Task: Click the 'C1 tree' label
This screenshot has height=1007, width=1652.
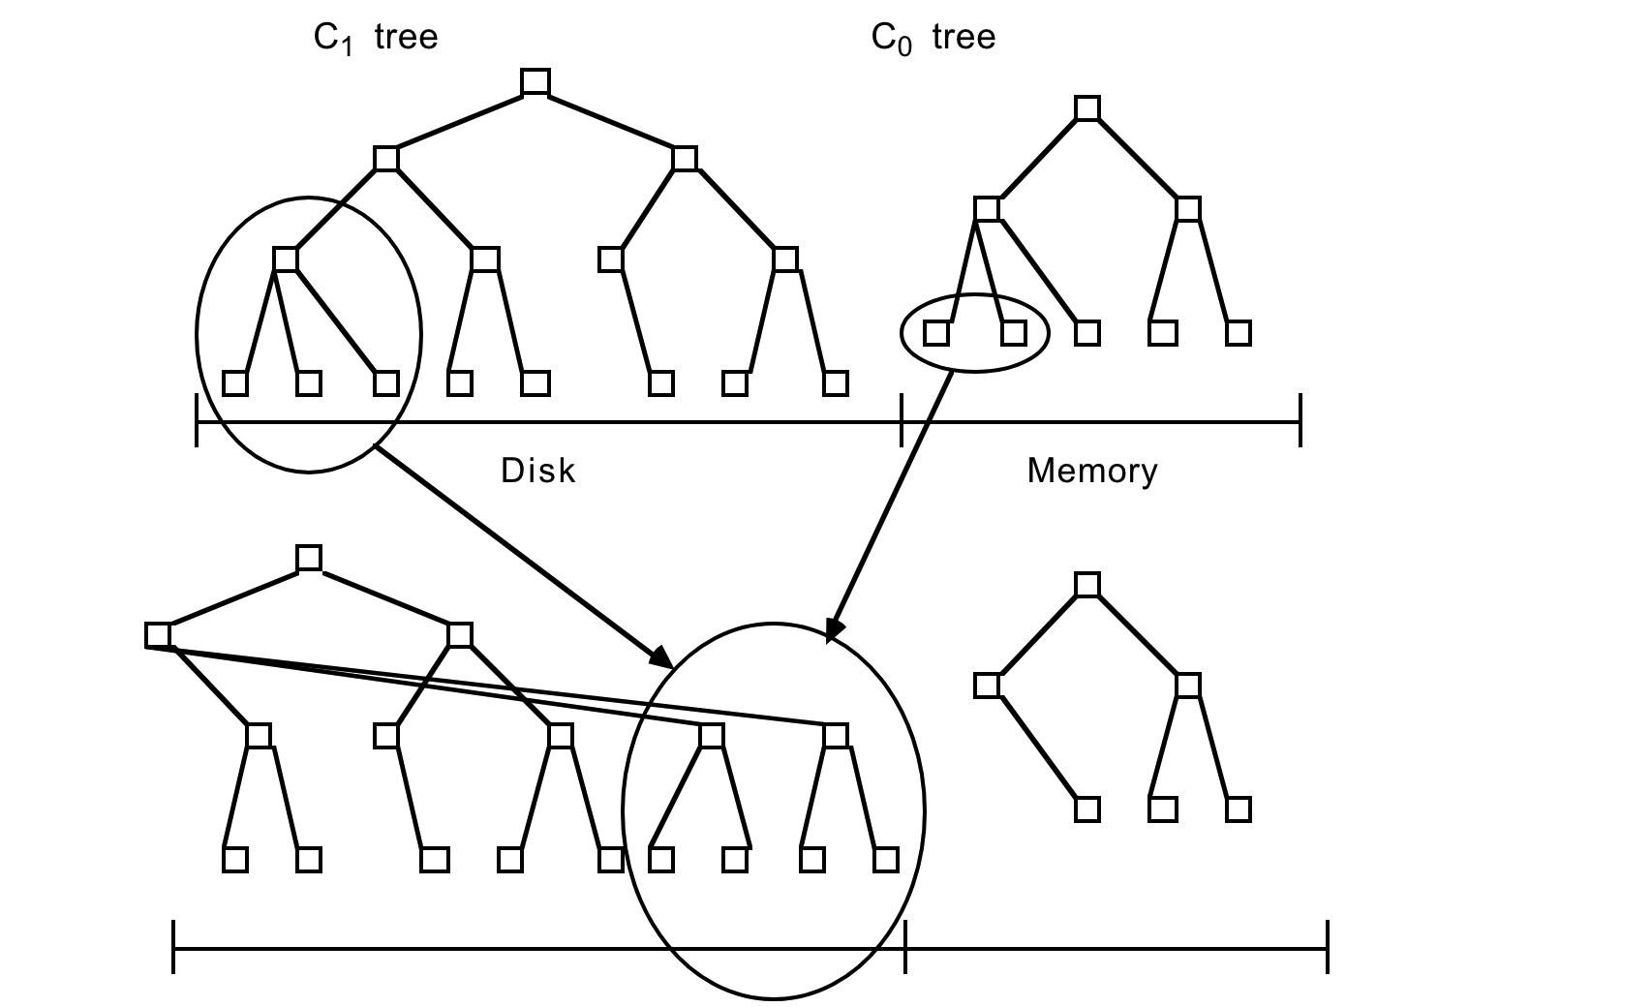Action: pyautogui.click(x=376, y=39)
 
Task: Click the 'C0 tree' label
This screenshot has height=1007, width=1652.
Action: pyautogui.click(x=933, y=39)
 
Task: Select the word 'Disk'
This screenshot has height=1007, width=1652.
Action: pyautogui.click(x=538, y=471)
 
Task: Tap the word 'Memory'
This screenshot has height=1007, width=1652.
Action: pyautogui.click(x=1092, y=471)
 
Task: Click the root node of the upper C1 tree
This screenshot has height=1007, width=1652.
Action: pyautogui.click(x=535, y=82)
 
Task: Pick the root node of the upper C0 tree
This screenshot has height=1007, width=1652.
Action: pyautogui.click(x=1087, y=107)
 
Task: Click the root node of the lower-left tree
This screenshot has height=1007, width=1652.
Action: pyautogui.click(x=309, y=558)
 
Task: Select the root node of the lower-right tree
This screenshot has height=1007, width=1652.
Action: pyautogui.click(x=1087, y=585)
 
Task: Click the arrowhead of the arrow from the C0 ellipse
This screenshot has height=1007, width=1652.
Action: pyautogui.click(x=833, y=631)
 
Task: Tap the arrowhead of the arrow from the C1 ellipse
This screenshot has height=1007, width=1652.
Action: pyautogui.click(x=662, y=658)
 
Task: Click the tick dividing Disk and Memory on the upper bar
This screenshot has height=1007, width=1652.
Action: pyautogui.click(x=902, y=421)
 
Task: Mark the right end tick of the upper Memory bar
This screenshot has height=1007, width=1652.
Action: pyautogui.click(x=1300, y=421)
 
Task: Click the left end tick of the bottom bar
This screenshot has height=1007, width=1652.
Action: pyautogui.click(x=173, y=947)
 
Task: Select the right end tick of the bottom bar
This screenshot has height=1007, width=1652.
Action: pyautogui.click(x=1328, y=947)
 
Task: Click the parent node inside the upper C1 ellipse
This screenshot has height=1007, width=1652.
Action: pyautogui.click(x=286, y=259)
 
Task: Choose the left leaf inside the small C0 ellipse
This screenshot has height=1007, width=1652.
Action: pyautogui.click(x=936, y=333)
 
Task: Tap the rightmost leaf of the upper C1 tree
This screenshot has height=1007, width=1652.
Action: pyautogui.click(x=836, y=383)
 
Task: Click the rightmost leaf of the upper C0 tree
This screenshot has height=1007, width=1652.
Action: pyautogui.click(x=1239, y=333)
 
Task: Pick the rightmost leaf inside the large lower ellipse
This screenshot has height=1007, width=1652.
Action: pyautogui.click(x=886, y=860)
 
